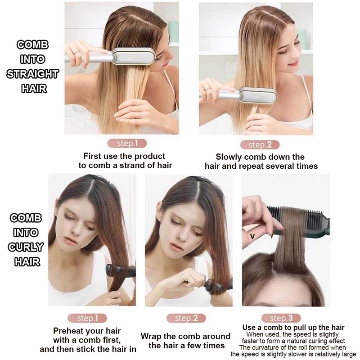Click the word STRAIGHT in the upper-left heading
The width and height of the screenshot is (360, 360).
pos(32,74)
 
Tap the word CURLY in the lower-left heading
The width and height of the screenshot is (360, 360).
pos(26,247)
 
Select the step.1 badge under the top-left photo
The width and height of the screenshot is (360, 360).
pos(127,144)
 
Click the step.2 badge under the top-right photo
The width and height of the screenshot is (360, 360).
pos(260,145)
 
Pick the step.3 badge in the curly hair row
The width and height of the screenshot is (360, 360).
pos(281,318)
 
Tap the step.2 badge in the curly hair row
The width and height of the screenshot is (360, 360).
pos(186,318)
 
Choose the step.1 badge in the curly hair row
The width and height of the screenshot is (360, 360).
pos(87,318)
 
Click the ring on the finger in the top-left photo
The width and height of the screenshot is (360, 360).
pos(77,52)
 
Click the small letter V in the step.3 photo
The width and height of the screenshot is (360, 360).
pos(252,236)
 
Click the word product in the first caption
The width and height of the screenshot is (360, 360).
pos(149,156)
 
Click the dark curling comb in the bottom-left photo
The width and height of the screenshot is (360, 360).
pos(121,271)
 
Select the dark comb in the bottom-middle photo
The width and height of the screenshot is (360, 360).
pos(218,285)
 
